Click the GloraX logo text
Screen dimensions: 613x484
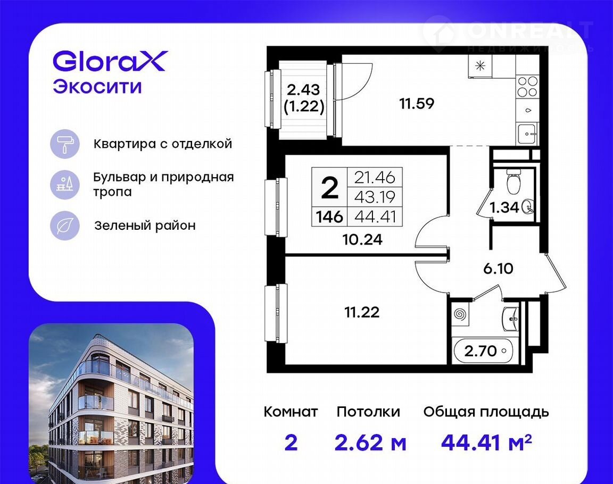click(110, 61)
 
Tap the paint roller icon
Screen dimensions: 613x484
click(64, 144)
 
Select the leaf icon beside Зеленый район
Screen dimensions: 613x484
click(64, 226)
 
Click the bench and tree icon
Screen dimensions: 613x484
click(64, 185)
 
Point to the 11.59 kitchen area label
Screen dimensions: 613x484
click(417, 104)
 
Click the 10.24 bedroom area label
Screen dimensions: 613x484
click(362, 239)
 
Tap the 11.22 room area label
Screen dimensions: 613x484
click(362, 312)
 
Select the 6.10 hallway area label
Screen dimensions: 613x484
click(498, 269)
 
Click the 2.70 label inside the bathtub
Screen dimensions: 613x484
click(481, 351)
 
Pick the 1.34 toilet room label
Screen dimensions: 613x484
click(504, 207)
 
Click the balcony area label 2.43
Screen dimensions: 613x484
click(304, 90)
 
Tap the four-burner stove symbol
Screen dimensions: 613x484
click(527, 87)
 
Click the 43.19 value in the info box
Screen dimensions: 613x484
click(375, 197)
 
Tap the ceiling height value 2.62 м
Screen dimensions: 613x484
click(370, 443)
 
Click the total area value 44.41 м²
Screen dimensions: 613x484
click(486, 443)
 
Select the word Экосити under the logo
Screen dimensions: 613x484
click(97, 87)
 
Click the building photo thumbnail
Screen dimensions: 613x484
click(111, 404)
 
